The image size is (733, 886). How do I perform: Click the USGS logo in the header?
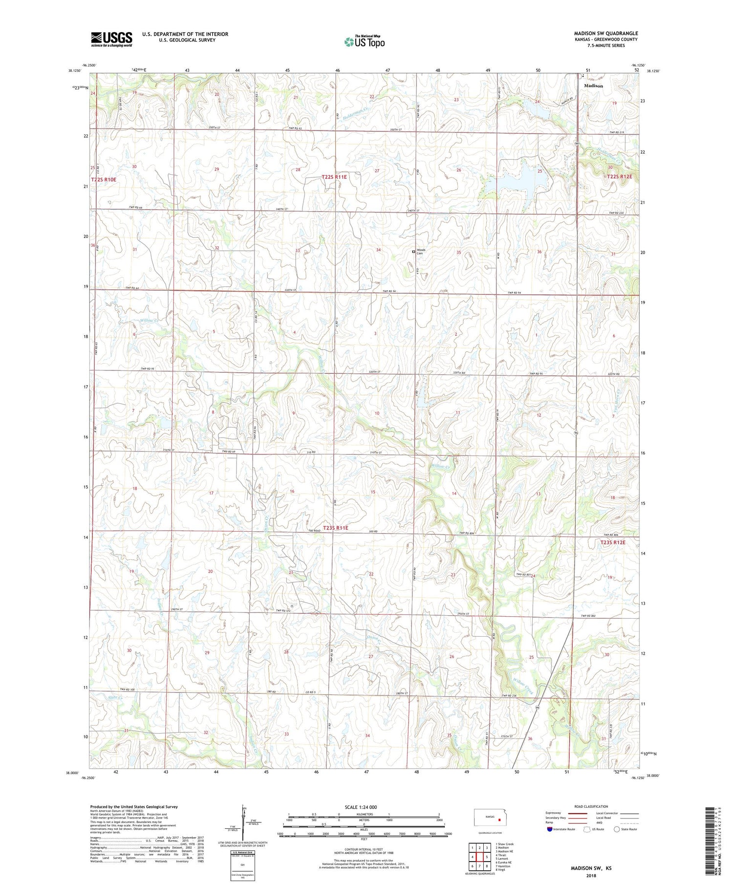point(111,39)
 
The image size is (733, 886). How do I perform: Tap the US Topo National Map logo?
point(365,42)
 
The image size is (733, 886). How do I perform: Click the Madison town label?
point(593,86)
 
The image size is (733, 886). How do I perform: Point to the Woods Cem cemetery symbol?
point(413,252)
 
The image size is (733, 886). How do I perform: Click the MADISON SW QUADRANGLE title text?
point(605,33)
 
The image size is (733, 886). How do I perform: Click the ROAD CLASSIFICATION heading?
point(591,807)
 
